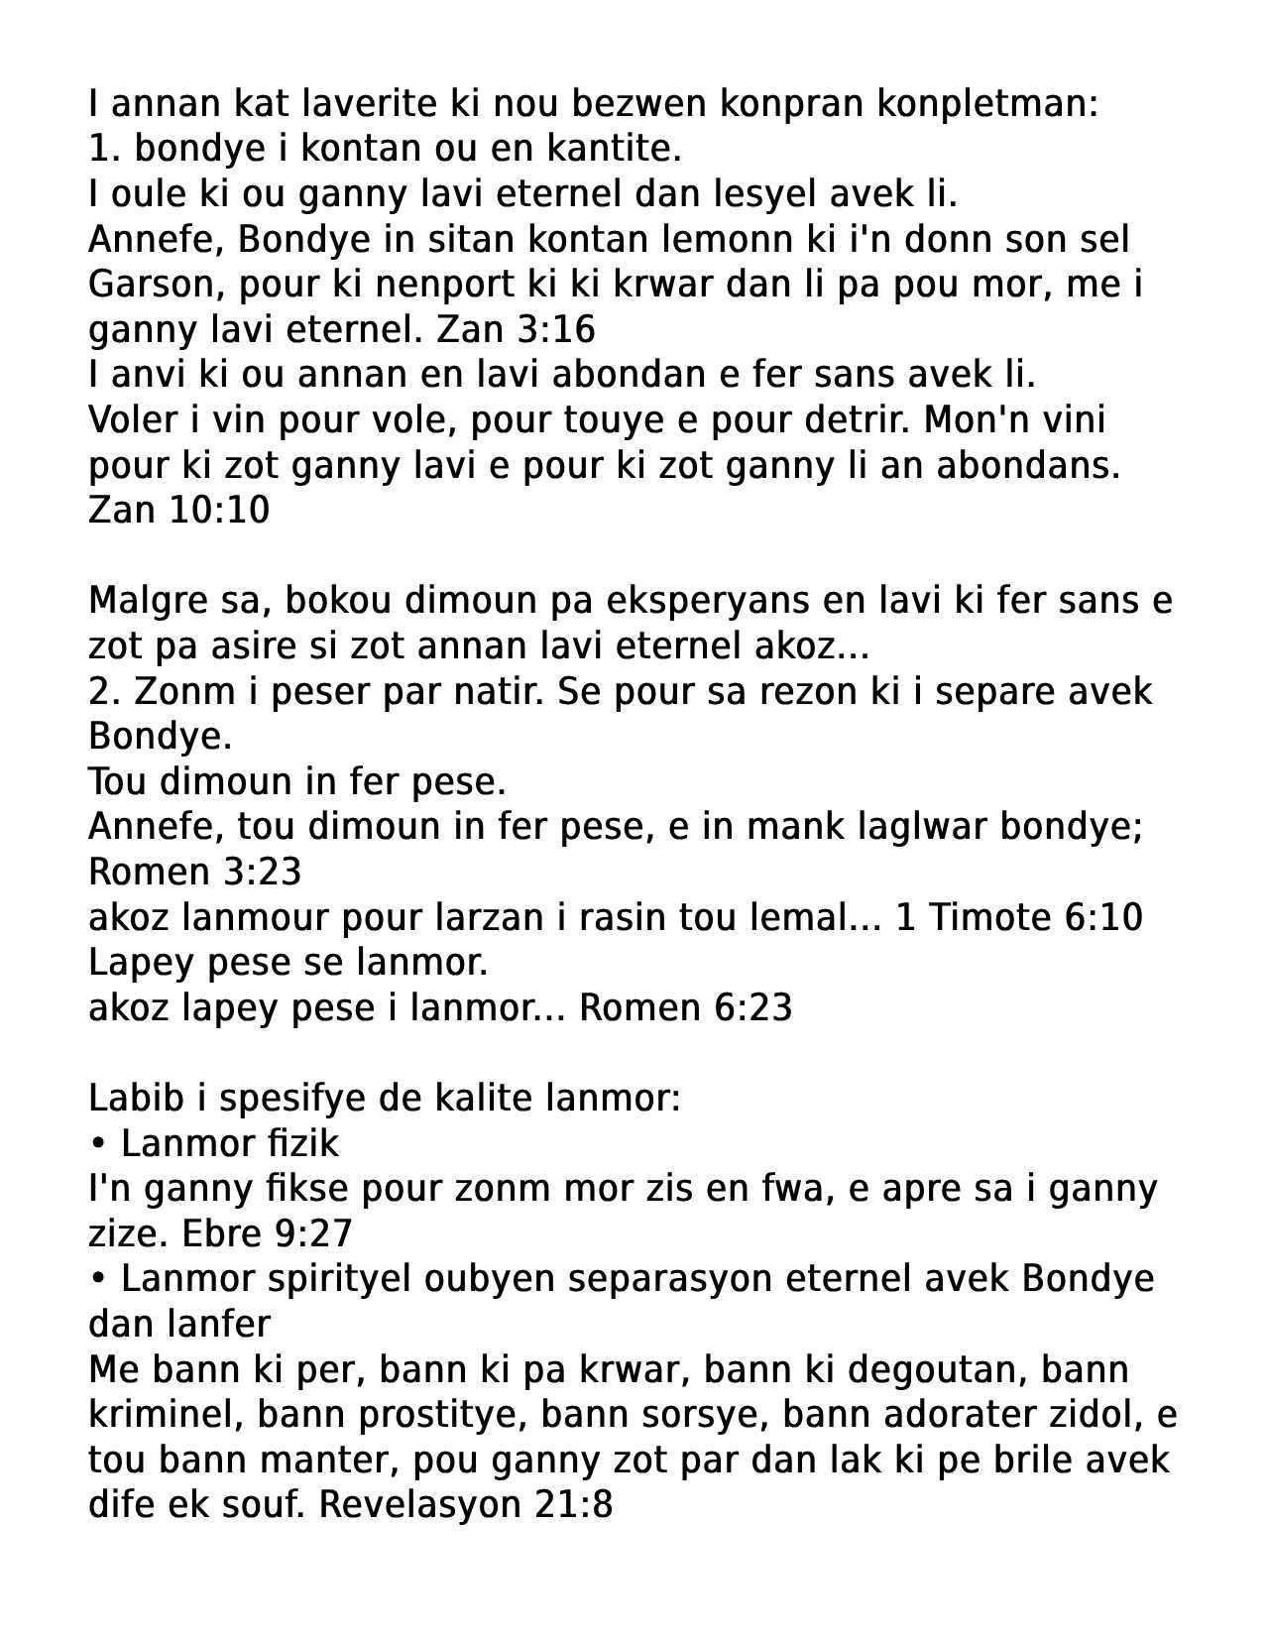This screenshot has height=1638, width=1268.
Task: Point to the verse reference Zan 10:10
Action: [178, 510]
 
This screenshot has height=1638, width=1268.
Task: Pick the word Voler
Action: [133, 419]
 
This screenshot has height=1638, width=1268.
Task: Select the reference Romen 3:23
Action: [194, 872]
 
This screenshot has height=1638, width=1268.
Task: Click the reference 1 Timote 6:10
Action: [1019, 917]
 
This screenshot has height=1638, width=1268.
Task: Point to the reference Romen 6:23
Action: [686, 1007]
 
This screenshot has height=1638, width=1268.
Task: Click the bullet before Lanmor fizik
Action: [97, 1143]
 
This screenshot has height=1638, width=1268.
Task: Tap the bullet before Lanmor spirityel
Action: [97, 1279]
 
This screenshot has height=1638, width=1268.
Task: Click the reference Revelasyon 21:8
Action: [466, 1504]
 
